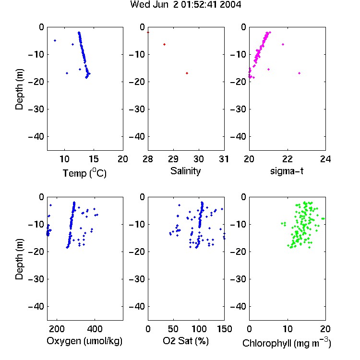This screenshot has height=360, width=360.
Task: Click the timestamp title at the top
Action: coord(186,4)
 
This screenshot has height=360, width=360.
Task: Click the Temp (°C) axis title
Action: coord(84,173)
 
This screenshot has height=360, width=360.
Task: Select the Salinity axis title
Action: coord(185,171)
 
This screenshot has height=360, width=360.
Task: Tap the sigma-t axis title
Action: coord(287,171)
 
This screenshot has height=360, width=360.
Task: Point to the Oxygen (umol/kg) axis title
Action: coord(84,341)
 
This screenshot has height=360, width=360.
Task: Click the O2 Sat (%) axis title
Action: coord(186,341)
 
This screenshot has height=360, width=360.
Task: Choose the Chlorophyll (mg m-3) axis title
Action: coord(287,343)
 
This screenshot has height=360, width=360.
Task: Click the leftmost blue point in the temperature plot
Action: coord(55,41)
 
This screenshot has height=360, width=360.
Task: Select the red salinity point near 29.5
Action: coord(187,73)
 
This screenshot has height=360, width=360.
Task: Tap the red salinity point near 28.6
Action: coord(164,44)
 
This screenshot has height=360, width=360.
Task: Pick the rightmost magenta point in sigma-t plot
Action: coord(299,73)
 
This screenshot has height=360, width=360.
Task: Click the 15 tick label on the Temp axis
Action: coord(94,159)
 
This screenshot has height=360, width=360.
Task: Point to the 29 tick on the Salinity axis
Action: coord(173,159)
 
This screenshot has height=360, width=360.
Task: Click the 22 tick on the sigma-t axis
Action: coord(288,159)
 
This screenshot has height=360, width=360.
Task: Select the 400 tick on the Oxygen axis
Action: coord(95,329)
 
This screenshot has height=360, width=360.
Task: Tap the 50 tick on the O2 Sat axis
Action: coord(173,329)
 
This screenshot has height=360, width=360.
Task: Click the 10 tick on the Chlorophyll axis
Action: coord(288,329)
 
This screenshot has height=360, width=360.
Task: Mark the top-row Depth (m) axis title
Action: coord(19,89)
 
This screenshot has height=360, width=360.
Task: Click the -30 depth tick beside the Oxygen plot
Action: coord(36,279)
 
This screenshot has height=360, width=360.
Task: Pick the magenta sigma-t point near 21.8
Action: coord(283,44)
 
